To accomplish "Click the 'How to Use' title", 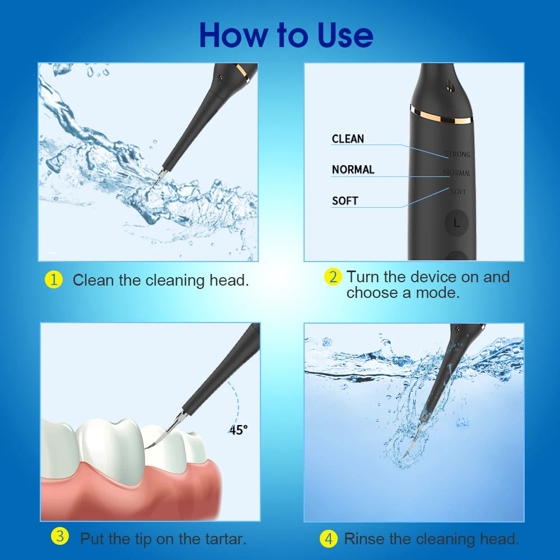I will tap(286, 35).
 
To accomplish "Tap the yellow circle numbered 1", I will tap(53, 279).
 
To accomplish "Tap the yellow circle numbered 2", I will tap(333, 277).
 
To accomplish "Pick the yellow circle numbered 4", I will tap(329, 539).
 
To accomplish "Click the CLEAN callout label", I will tap(348, 139).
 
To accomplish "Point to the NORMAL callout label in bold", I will tap(353, 170).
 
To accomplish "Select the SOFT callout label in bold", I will tap(345, 200).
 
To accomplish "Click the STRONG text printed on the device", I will tap(457, 155).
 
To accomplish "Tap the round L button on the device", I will tap(456, 223).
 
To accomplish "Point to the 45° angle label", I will tap(238, 430).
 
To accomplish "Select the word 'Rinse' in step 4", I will tap(365, 539).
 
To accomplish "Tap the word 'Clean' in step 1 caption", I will tap(93, 280).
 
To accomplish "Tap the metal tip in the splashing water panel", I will tap(158, 175).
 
